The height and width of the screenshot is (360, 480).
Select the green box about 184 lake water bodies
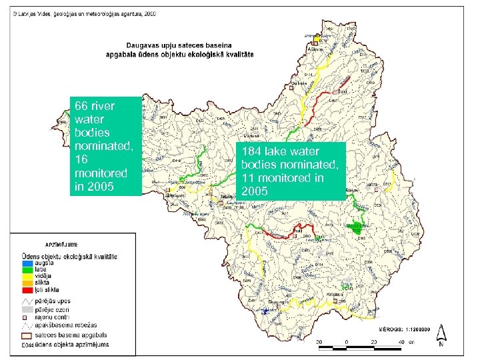[x=293, y=171]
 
